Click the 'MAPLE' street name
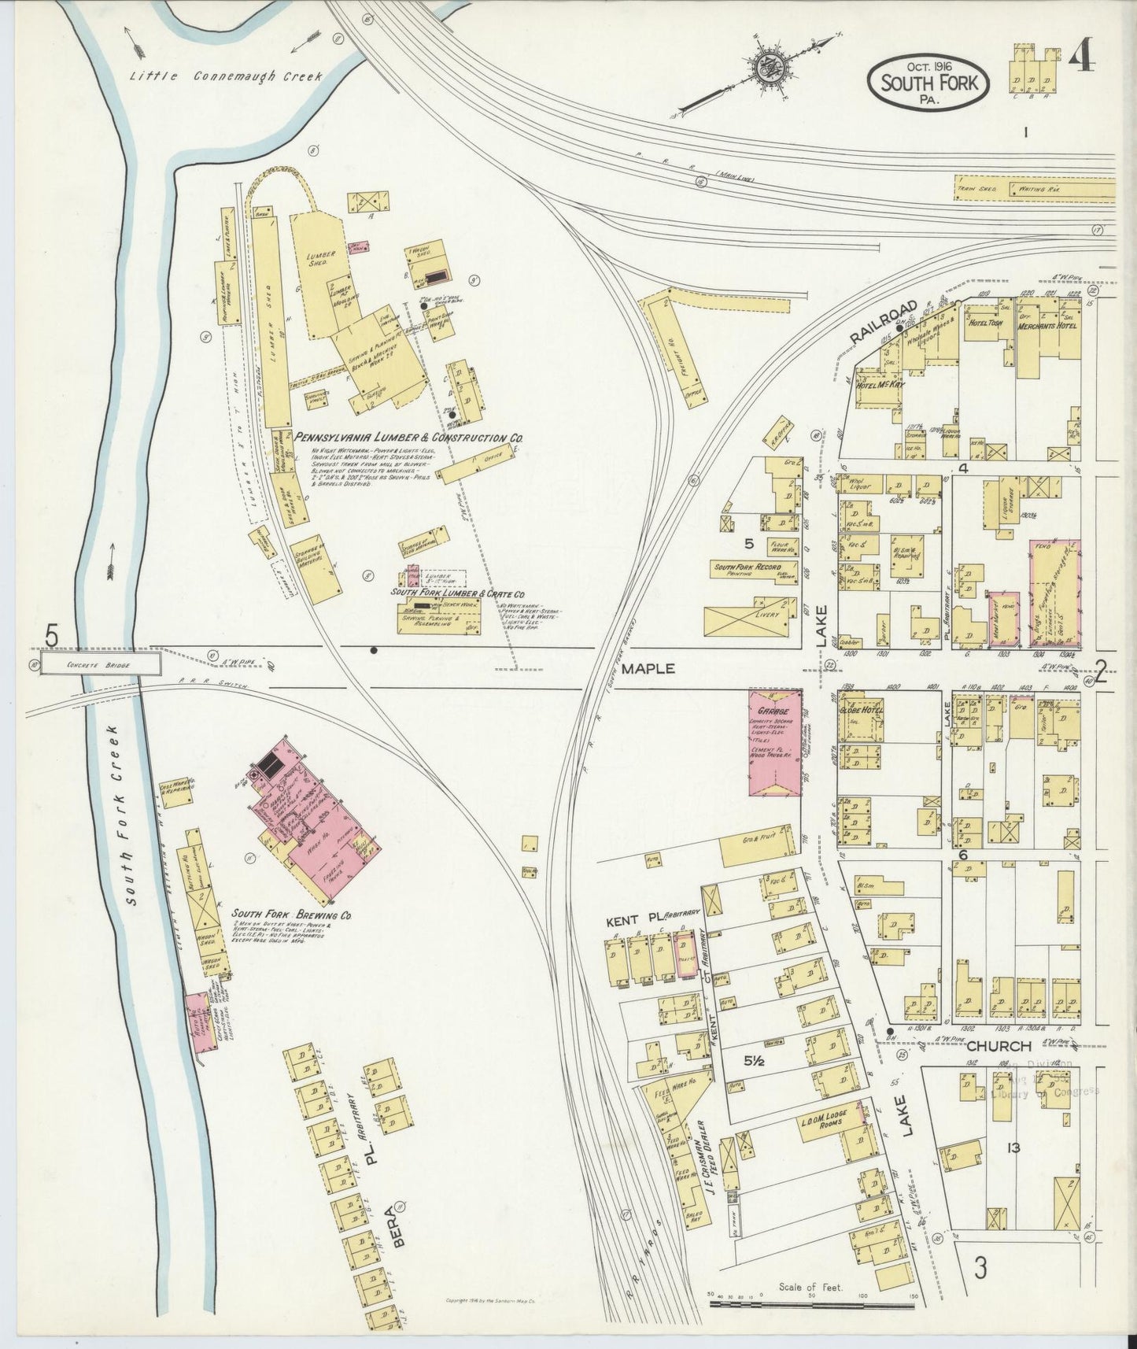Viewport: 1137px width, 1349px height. [x=649, y=668]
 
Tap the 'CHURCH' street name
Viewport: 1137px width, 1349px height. [x=999, y=1046]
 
